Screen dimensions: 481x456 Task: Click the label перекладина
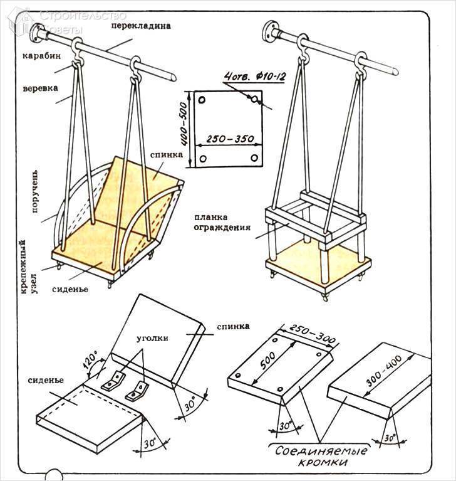[141, 28]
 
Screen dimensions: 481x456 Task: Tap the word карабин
[42, 56]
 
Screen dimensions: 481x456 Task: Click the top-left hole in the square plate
[201, 100]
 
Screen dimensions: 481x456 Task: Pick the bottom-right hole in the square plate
[254, 158]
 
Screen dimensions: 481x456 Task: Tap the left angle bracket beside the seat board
[115, 380]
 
